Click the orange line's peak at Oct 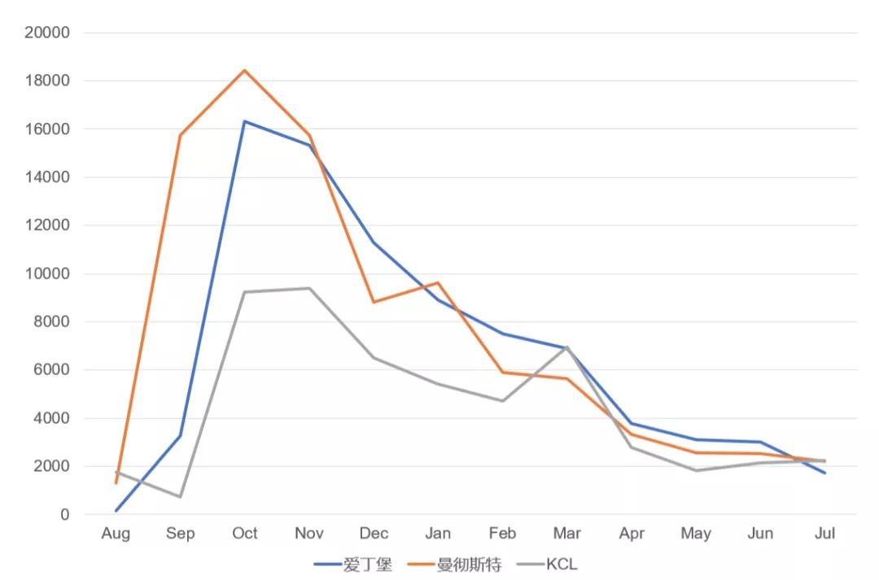[x=244, y=70]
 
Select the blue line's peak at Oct [x=244, y=121]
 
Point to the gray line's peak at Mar [x=567, y=347]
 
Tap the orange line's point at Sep [x=180, y=135]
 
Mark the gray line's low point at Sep [x=180, y=497]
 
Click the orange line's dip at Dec [x=374, y=302]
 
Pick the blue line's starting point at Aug [x=116, y=511]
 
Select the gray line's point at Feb [x=502, y=401]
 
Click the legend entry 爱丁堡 [x=353, y=564]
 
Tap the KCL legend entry [x=549, y=564]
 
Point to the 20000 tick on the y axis [x=48, y=33]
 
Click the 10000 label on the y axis [x=48, y=273]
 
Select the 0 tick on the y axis [x=63, y=515]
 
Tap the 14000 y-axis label [x=48, y=177]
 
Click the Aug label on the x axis [x=116, y=534]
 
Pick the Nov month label [x=309, y=534]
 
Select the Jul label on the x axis [x=825, y=534]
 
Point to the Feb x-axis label [x=502, y=534]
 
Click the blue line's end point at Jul [x=825, y=473]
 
